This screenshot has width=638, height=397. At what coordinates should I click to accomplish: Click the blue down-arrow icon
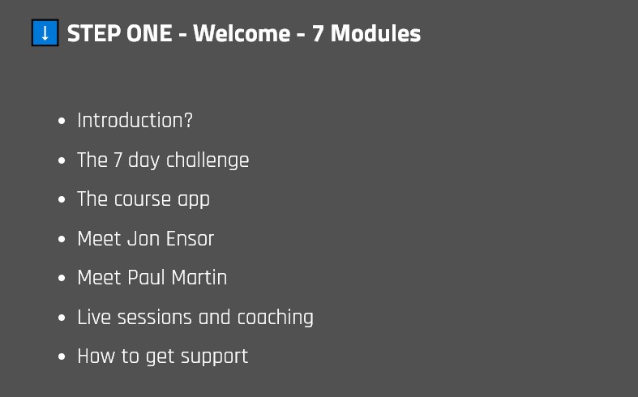click(x=45, y=32)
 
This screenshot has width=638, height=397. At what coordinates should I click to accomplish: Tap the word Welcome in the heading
click(x=242, y=33)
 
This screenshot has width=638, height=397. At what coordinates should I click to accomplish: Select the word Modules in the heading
click(x=375, y=33)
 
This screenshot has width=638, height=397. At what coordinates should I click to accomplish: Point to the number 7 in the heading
click(x=318, y=33)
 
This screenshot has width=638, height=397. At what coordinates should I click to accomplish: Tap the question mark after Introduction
click(x=188, y=121)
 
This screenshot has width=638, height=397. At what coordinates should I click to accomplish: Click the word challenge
click(x=208, y=160)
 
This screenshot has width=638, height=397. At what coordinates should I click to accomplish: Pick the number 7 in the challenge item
click(x=118, y=160)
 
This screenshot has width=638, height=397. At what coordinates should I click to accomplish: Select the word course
click(x=143, y=199)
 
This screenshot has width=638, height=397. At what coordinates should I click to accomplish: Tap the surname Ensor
click(x=190, y=239)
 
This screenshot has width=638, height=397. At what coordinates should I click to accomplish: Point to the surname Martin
click(x=199, y=278)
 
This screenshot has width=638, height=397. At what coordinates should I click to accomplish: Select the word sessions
click(x=155, y=318)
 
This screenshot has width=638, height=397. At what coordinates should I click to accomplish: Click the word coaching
click(x=275, y=318)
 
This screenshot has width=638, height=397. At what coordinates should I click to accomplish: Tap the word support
click(x=215, y=357)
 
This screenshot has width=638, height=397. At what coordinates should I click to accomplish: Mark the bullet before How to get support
click(x=62, y=356)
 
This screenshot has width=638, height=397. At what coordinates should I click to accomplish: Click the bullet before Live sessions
click(x=62, y=318)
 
